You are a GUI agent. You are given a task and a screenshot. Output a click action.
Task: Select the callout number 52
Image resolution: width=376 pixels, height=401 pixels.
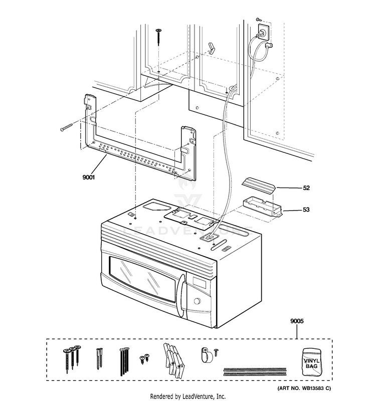[x=306, y=188]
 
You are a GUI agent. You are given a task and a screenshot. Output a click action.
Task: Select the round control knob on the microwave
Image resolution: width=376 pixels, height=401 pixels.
[x=197, y=302]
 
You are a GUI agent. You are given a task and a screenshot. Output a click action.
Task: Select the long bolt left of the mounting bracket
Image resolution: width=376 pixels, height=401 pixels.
[x=69, y=128]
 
